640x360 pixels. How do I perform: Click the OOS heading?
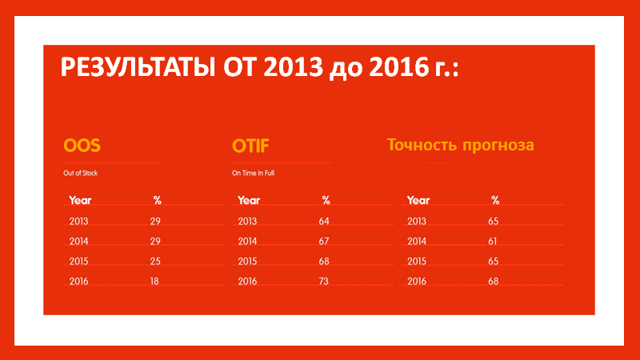(x=82, y=146)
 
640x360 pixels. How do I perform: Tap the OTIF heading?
(x=250, y=146)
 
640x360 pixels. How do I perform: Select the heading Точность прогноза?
(x=461, y=146)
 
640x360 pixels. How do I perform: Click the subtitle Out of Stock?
(x=81, y=173)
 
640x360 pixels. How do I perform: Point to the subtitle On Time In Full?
(x=253, y=173)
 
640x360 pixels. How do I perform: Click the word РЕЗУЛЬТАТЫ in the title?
(x=138, y=67)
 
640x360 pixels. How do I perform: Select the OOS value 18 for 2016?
(x=154, y=282)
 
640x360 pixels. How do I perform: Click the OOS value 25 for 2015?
(x=155, y=262)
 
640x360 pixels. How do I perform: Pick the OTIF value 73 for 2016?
(x=323, y=282)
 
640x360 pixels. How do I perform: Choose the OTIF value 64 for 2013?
(x=324, y=222)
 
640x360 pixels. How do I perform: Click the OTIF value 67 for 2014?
(x=324, y=242)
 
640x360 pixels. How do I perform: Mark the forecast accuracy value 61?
(x=493, y=242)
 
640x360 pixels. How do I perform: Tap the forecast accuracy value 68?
(x=493, y=282)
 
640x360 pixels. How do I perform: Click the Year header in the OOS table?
(x=80, y=201)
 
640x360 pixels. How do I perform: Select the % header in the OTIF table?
(x=326, y=201)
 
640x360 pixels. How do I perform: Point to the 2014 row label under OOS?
(x=78, y=242)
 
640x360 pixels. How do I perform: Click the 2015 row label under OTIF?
(x=247, y=262)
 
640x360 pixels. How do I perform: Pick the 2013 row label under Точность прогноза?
(x=417, y=222)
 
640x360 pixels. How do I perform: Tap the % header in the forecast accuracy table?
(x=495, y=201)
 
